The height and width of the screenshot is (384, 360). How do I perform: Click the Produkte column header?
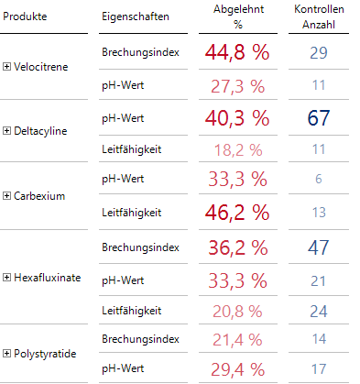point(26,17)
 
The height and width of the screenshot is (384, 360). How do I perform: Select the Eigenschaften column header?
point(134,17)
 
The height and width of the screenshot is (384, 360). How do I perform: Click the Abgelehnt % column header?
point(236,16)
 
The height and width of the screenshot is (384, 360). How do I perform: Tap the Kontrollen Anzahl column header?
point(318,16)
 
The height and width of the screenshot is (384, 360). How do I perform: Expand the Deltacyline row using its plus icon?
point(8,131)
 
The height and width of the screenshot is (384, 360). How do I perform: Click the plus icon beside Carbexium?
point(8,196)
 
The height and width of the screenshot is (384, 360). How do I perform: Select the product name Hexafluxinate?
point(54,278)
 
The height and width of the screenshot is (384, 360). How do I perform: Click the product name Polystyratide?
point(52,353)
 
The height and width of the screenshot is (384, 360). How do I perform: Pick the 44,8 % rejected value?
point(237,53)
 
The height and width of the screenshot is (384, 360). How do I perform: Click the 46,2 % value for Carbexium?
point(237,213)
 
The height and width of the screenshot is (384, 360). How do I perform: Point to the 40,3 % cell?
point(237,117)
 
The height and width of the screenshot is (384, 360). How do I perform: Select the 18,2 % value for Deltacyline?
point(237,149)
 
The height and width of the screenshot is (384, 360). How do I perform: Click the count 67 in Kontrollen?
point(318,117)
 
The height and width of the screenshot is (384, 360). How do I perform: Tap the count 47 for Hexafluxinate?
point(318,247)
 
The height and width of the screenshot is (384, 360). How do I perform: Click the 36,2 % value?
point(237,247)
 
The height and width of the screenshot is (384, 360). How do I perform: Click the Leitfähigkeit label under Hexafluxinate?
point(131,311)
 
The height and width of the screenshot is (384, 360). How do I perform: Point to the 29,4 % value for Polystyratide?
point(237,369)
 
